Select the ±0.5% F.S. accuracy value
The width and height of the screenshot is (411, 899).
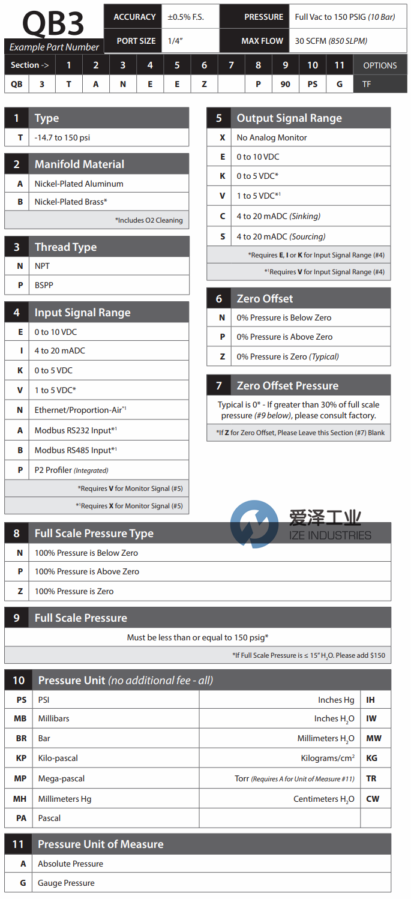pos(186,17)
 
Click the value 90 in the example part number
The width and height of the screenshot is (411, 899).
pos(285,84)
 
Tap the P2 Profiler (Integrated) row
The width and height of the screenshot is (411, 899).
pos(71,470)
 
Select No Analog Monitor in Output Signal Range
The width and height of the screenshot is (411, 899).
pos(272,137)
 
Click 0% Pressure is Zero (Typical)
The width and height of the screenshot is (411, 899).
pos(287,356)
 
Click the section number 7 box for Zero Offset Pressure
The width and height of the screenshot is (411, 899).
pos(219,386)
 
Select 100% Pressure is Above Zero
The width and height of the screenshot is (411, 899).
pos(87,571)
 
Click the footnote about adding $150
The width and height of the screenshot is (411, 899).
pos(308,655)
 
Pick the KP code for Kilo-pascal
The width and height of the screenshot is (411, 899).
pos(21,759)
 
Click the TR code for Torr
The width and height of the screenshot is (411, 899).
pos(371,778)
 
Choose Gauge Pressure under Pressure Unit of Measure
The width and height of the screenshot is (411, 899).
pos(66,883)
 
